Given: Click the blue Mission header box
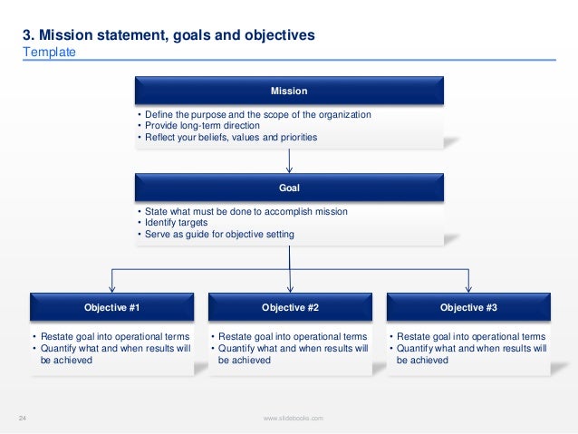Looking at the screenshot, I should [289, 92].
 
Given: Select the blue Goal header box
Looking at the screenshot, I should [289, 188].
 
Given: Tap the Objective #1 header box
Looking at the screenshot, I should [111, 308].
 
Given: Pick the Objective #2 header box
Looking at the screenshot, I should [290, 308].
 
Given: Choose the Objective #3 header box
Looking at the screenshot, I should [468, 308].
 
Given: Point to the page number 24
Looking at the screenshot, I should [24, 417].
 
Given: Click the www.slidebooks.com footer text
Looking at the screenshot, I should [293, 417].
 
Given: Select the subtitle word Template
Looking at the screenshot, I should [49, 53].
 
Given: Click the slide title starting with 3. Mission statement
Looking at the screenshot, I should [169, 35].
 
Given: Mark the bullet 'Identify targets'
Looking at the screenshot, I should [175, 223].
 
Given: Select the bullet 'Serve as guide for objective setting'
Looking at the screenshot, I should [217, 235].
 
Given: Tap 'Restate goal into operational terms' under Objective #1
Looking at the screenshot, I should [114, 336].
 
